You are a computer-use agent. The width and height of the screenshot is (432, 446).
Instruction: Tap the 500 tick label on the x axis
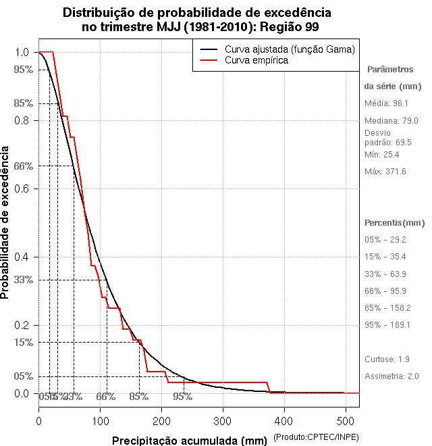[346, 420]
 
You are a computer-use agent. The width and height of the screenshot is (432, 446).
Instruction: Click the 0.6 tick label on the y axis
[22, 189]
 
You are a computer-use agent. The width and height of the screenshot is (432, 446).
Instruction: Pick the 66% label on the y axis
[23, 166]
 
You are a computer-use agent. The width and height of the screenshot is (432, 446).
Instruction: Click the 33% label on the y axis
[23, 280]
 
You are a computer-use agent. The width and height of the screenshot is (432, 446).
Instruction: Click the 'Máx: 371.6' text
[385, 172]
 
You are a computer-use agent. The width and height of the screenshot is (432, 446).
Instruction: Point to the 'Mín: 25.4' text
[381, 155]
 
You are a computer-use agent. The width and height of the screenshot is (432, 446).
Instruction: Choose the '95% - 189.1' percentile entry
[387, 325]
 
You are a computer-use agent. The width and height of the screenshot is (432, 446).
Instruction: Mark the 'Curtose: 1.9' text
[387, 360]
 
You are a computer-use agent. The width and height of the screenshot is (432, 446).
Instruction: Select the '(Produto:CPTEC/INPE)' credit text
[315, 439]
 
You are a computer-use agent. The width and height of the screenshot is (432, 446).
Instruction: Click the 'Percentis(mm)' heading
[395, 223]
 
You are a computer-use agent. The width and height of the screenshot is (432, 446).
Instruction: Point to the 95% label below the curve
[182, 397]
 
